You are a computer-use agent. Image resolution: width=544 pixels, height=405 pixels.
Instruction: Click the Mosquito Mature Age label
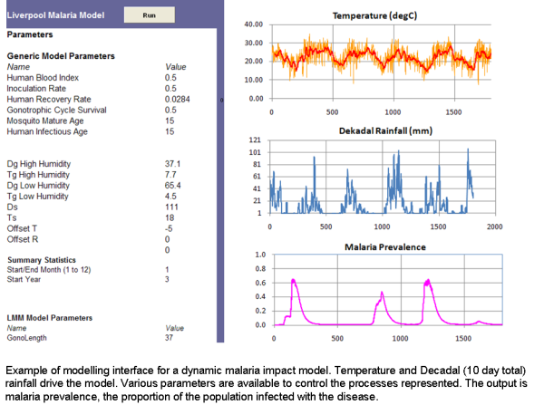point(40,121)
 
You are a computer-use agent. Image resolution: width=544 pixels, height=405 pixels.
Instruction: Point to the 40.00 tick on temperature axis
point(253,25)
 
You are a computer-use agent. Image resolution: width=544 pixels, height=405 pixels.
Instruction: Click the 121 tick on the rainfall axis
point(256,140)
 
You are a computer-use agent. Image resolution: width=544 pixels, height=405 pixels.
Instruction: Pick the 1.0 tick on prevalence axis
point(259,255)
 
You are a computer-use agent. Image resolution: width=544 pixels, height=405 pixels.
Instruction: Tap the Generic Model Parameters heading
point(61,56)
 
